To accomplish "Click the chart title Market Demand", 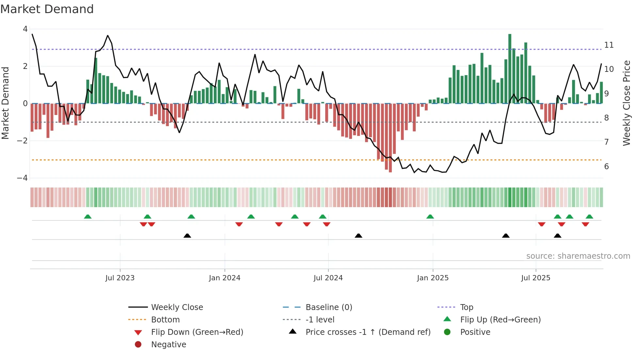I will click(x=47, y=9).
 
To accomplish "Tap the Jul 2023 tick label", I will click(x=120, y=278).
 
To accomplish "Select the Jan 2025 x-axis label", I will click(x=433, y=278).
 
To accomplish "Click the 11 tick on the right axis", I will click(x=609, y=45).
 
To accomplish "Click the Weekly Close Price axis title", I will click(x=626, y=103).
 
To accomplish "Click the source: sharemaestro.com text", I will click(x=578, y=256).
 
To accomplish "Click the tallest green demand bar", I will click(x=510, y=69).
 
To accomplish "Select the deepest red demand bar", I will click(x=390, y=138).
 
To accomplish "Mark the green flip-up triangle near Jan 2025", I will click(x=430, y=217).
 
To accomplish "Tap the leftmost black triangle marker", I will click(x=187, y=236).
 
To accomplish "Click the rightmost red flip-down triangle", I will click(x=585, y=224).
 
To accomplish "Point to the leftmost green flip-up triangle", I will click(x=88, y=217).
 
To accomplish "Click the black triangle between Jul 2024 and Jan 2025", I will click(x=359, y=236).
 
